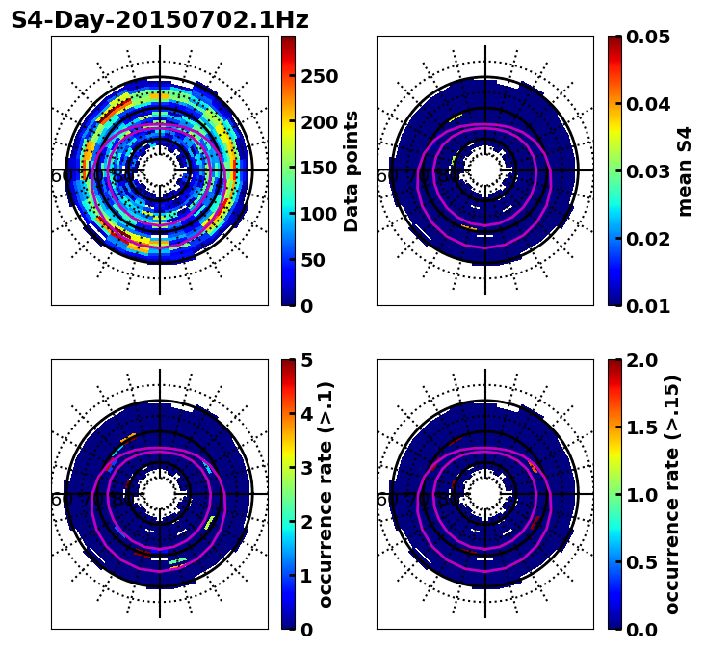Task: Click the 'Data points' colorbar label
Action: tap(352, 170)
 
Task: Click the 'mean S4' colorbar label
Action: tap(685, 170)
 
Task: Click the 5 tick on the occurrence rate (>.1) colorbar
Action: tap(307, 360)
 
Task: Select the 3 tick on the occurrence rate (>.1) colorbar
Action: tap(307, 468)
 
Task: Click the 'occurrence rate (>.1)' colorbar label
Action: tap(326, 494)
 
